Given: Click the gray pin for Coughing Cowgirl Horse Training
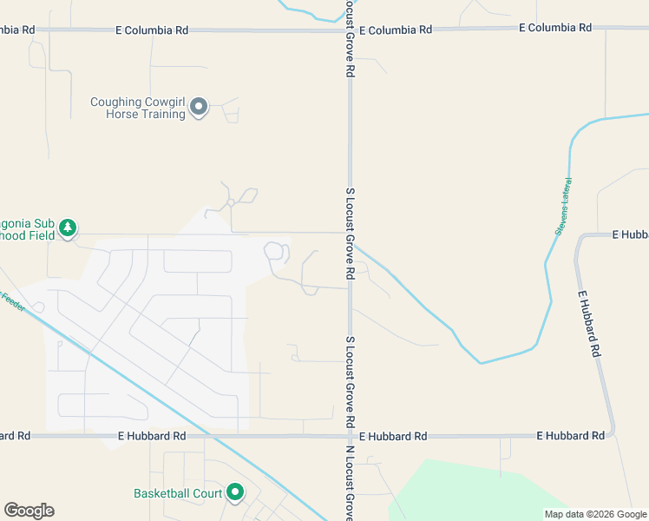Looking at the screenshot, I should coord(199,107).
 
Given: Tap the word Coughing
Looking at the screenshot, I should coord(118,102).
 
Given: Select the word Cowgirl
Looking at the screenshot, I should coord(167,102).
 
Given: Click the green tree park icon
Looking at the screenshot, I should coord(68,228).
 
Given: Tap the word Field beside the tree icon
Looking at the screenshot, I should coord(38,234).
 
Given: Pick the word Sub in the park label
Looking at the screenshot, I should coord(43,222).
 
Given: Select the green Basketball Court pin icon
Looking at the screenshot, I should coord(235,493).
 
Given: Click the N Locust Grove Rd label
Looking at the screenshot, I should coord(351,483).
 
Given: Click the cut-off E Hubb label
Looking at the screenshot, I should coord(630,234).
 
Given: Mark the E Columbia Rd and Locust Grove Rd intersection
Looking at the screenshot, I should coord(350,30).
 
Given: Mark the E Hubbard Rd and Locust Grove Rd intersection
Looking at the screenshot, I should coord(350,435).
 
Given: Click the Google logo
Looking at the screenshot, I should coord(29,511).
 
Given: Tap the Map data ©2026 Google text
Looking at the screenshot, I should coord(594,514).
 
